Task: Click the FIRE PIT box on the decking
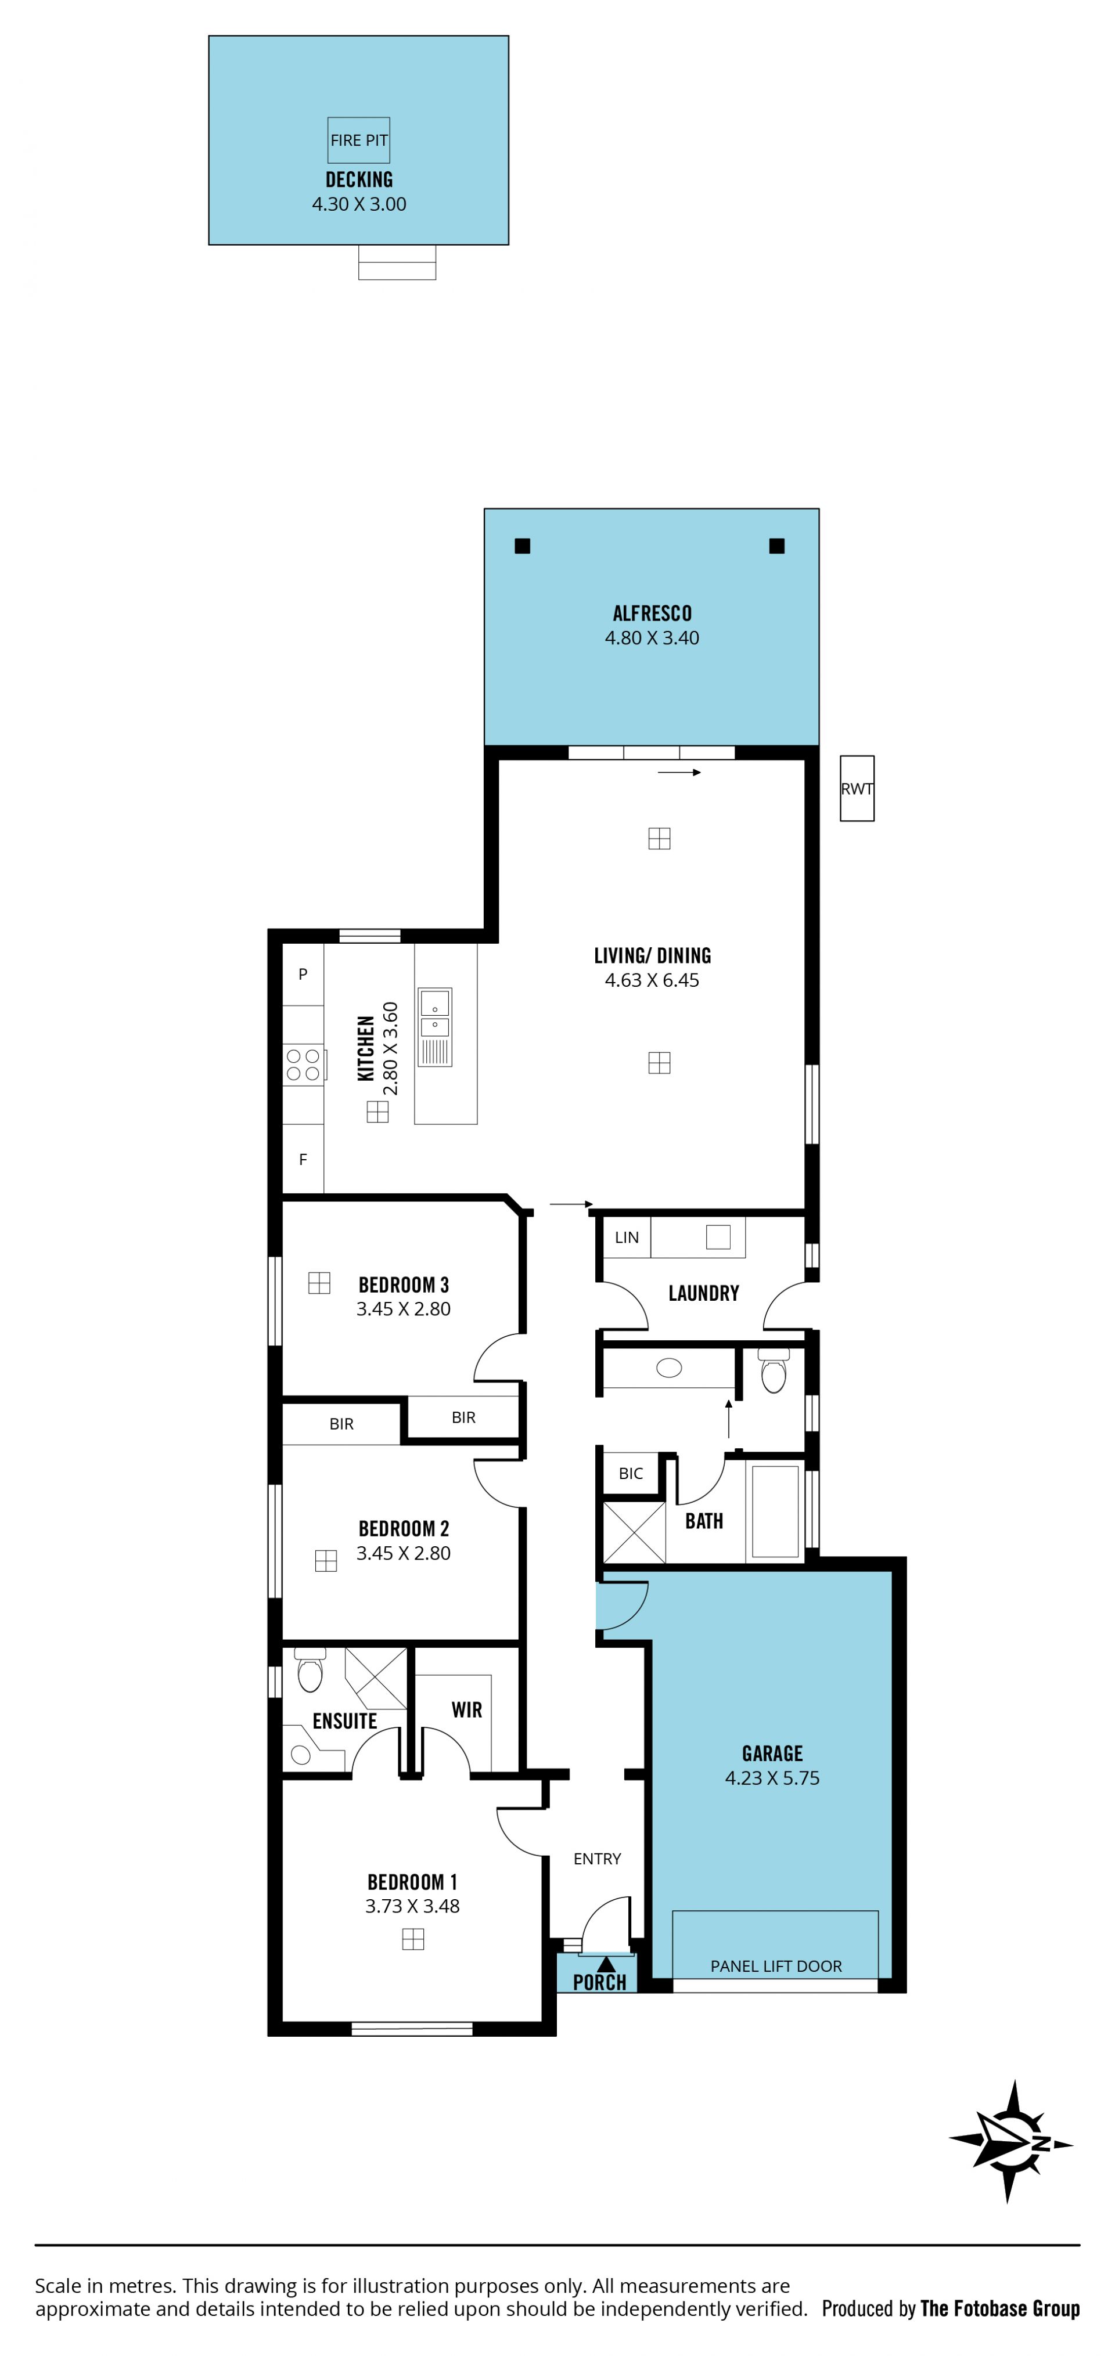(x=358, y=140)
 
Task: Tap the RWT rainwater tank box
(x=857, y=788)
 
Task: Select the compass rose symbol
(x=1010, y=2142)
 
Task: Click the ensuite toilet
(x=310, y=1669)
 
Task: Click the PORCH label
(x=599, y=1983)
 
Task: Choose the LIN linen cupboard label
(x=627, y=1237)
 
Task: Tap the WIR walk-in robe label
(x=466, y=1711)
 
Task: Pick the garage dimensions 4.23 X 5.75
(x=772, y=1778)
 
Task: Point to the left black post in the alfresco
(x=522, y=546)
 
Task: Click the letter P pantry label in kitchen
(x=303, y=974)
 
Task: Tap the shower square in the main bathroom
(x=634, y=1533)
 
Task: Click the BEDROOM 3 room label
(x=404, y=1285)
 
